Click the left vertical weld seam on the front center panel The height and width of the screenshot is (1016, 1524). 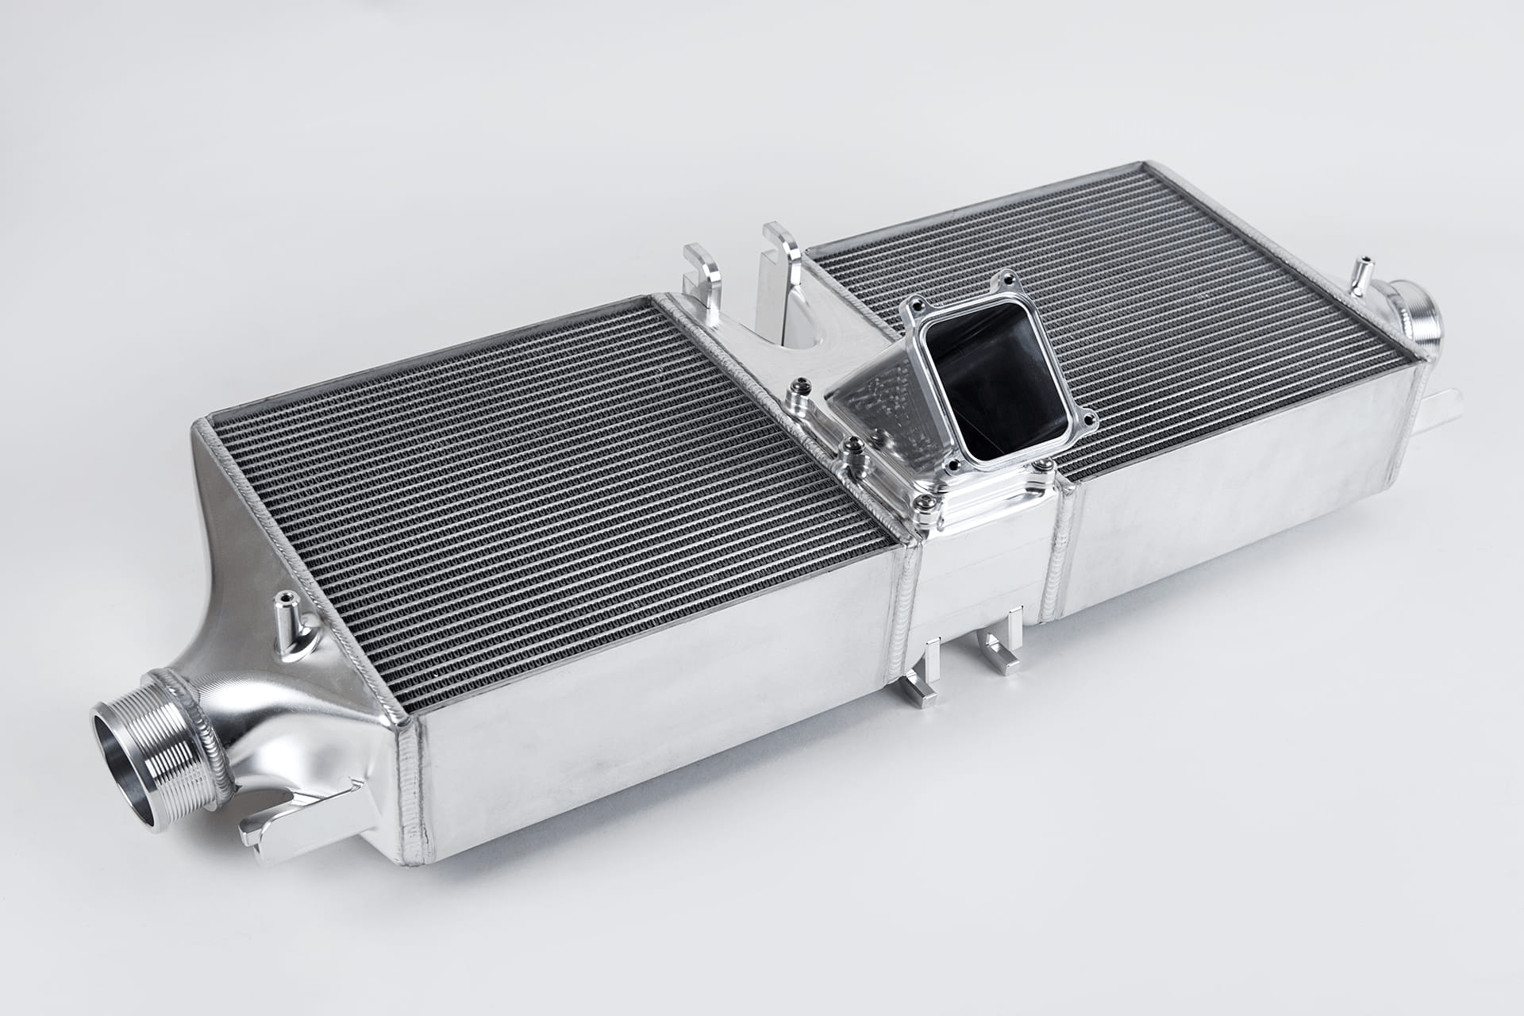pyautogui.click(x=912, y=603)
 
